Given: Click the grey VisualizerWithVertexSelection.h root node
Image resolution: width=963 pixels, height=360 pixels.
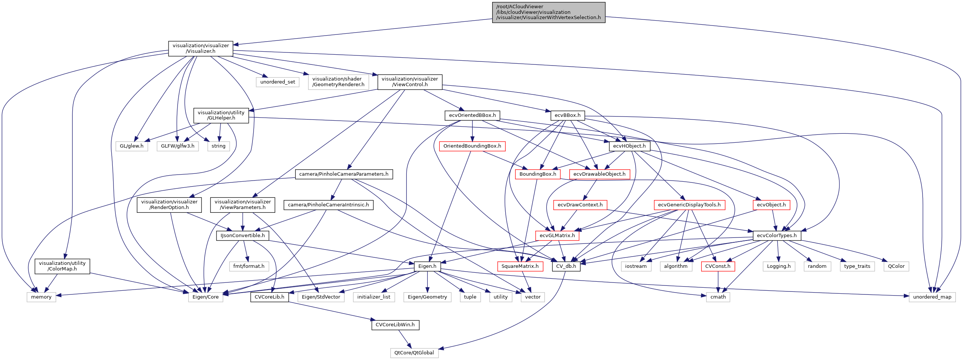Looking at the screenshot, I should [548, 12].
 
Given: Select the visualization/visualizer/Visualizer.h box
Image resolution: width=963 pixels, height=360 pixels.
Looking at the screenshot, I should [200, 48].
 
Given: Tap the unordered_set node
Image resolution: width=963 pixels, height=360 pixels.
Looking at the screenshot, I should [278, 82].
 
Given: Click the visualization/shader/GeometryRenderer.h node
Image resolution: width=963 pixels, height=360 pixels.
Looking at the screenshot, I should [338, 82].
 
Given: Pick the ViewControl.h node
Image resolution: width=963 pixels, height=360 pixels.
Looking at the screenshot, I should [410, 82].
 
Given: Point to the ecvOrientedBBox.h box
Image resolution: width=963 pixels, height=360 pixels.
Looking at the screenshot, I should [472, 115].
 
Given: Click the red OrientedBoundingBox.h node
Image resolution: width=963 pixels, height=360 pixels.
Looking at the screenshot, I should [472, 146].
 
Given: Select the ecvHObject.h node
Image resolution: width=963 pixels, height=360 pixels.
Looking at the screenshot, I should [629, 146].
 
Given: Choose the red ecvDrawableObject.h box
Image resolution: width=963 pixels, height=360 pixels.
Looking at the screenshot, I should [599, 174].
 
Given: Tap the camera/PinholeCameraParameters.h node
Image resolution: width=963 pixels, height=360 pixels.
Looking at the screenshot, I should [344, 174].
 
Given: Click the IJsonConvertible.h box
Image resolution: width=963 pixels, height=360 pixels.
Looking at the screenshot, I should [242, 235].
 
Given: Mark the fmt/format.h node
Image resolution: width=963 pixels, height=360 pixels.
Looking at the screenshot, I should [249, 266].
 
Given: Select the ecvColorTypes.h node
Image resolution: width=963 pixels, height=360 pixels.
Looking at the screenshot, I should [777, 235].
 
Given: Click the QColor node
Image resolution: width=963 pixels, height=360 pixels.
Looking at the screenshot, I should [896, 266].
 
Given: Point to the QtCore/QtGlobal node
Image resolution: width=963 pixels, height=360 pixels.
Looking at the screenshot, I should [414, 353].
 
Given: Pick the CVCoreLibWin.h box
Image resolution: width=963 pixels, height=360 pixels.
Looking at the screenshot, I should [395, 324].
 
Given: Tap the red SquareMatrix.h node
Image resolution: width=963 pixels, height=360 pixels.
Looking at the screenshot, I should [520, 266].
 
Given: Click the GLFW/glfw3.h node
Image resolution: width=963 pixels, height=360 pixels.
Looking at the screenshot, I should [178, 146].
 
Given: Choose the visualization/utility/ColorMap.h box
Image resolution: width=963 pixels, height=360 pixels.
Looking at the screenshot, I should [62, 266].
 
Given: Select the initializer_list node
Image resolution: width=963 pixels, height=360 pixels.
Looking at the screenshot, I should [373, 297].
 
